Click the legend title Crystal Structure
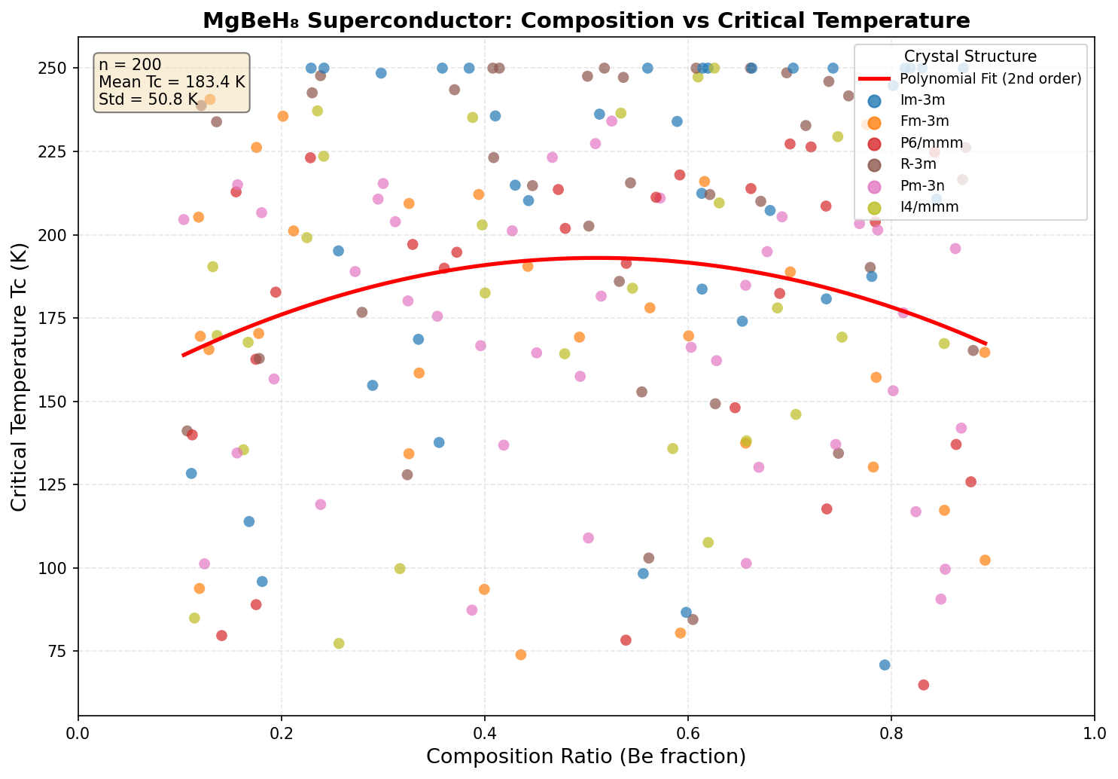click(x=970, y=57)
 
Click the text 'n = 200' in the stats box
click(x=129, y=65)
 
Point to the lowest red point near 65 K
click(x=923, y=685)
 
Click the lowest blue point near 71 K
click(x=885, y=664)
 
